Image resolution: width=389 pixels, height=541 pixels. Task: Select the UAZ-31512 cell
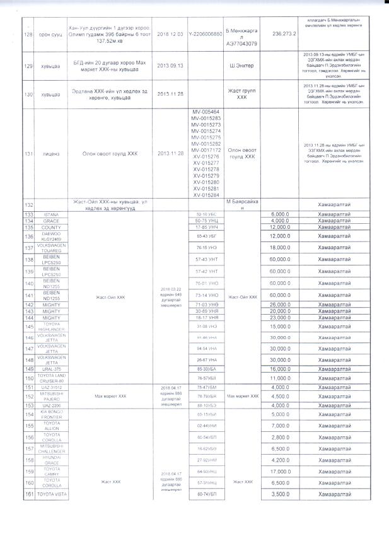click(50, 387)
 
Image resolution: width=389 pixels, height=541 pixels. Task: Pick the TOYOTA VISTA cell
click(50, 494)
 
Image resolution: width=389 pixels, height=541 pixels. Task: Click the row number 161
click(28, 494)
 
